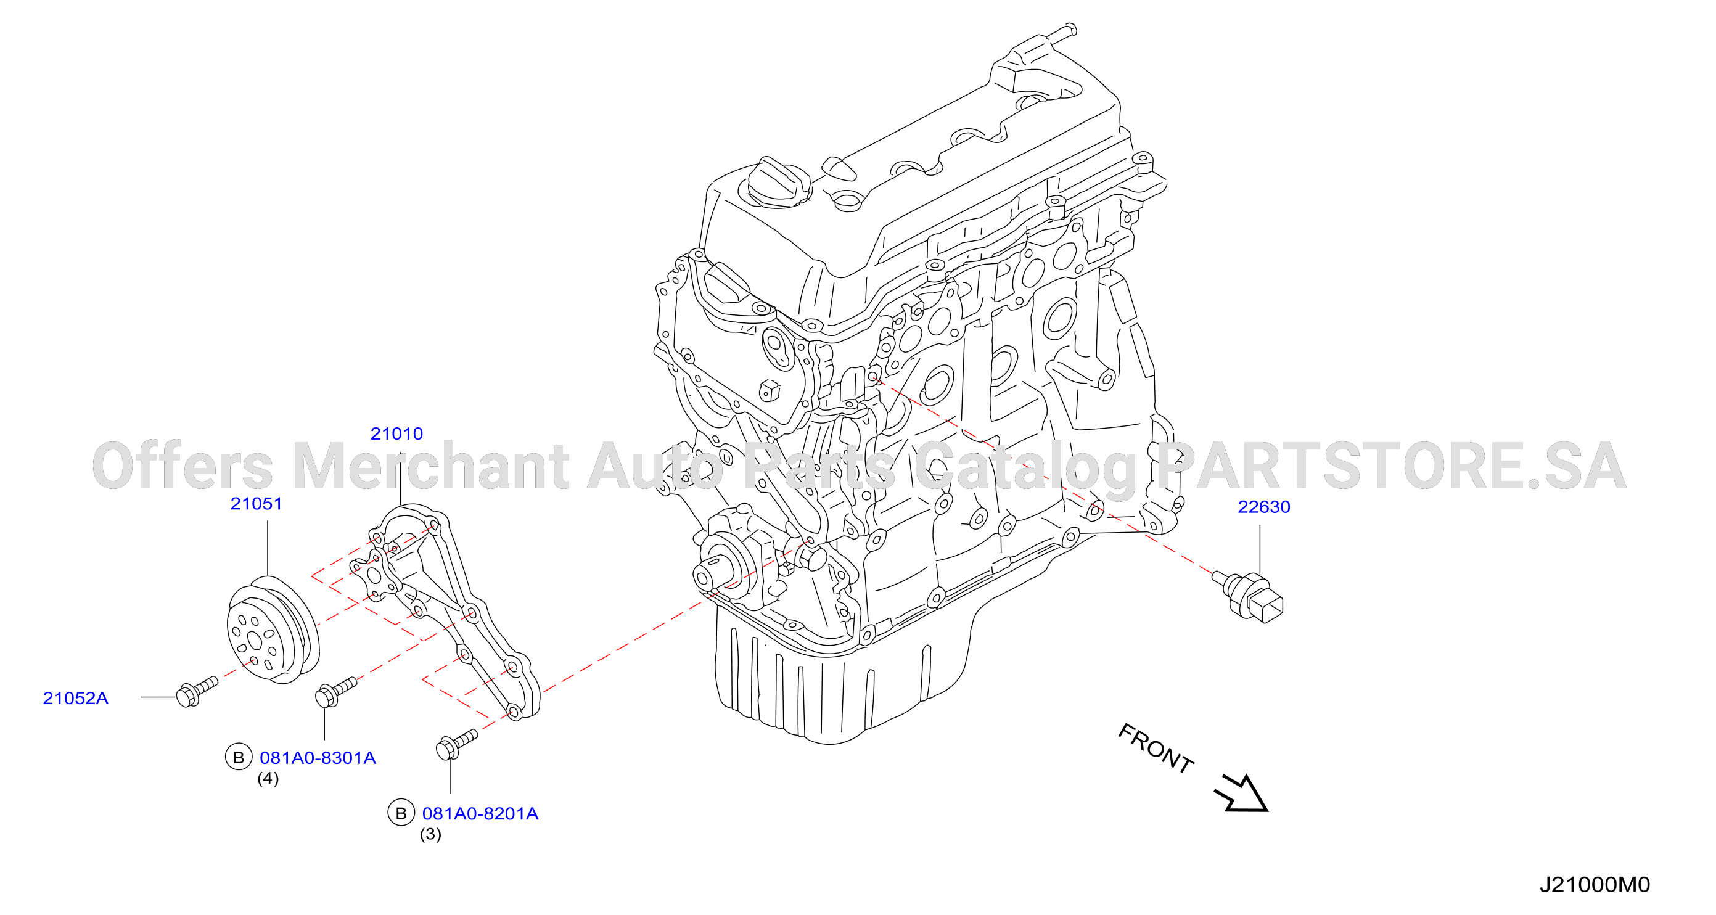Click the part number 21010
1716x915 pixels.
point(396,433)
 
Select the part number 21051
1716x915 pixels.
point(257,504)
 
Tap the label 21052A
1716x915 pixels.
point(75,698)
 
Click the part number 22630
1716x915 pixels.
point(1263,507)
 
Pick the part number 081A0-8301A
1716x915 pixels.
point(318,758)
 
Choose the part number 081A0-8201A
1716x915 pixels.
point(480,814)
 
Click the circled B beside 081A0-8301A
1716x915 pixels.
point(239,757)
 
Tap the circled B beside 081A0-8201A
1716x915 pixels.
point(401,813)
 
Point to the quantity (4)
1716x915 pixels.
point(268,779)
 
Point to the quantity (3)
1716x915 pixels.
point(430,834)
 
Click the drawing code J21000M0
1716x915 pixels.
point(1594,885)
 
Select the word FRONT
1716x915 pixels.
point(1156,749)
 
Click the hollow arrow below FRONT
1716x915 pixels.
point(1241,793)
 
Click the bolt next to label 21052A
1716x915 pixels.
point(197,691)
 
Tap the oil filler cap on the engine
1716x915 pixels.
point(776,182)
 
